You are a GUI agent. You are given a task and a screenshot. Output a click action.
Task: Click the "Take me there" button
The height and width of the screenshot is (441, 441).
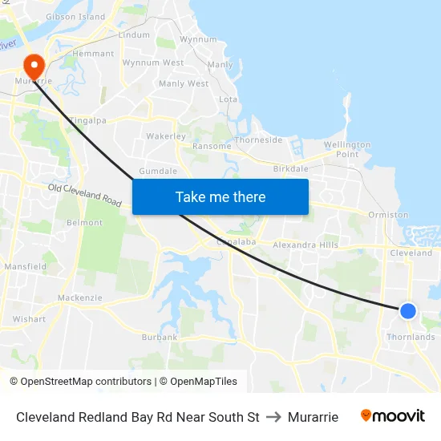coord(220,196)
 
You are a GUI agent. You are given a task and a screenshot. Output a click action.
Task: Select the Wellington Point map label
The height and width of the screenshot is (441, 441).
coord(347,149)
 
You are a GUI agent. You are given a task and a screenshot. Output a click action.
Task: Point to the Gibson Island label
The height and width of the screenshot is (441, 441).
coord(75,16)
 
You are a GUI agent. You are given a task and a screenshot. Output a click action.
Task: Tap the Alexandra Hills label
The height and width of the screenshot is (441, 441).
coord(305,245)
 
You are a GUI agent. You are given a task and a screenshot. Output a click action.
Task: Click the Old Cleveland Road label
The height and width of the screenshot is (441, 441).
coord(84,195)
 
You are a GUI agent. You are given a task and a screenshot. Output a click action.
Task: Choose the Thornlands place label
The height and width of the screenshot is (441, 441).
coord(411,337)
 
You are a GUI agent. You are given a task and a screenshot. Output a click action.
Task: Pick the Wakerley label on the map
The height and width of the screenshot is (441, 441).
coord(166,136)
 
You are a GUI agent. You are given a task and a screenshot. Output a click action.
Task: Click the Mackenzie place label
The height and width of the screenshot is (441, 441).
coord(79,297)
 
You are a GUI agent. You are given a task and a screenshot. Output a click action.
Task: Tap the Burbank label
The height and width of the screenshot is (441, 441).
coord(159,338)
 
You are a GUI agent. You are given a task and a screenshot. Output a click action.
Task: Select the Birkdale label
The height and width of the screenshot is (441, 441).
coord(290,169)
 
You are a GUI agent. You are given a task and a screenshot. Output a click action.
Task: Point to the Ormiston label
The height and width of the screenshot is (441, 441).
coord(388,215)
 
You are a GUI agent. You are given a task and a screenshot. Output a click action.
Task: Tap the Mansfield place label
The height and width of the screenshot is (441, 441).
coord(26,266)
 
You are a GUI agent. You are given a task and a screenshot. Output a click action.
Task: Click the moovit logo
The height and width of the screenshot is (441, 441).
coord(392,415)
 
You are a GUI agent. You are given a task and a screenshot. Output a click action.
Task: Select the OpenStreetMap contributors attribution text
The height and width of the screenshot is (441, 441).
coord(80,382)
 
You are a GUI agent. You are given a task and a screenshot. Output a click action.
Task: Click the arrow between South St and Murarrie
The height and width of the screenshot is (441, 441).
coord(273,417)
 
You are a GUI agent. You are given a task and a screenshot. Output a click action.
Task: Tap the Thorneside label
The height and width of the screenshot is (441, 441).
coord(258,140)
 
